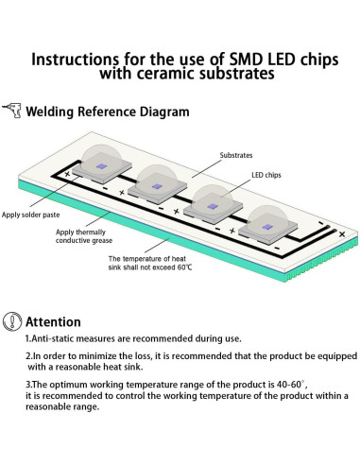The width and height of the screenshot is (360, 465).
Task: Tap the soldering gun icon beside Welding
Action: coord(11,111)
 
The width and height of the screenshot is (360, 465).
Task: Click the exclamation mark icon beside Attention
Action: coord(11,321)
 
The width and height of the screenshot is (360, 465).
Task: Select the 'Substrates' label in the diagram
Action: coord(236,154)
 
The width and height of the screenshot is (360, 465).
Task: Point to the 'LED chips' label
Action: coord(267,176)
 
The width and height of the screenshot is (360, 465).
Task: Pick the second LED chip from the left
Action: coord(157,183)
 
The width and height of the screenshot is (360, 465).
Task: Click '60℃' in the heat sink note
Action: coord(179,267)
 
